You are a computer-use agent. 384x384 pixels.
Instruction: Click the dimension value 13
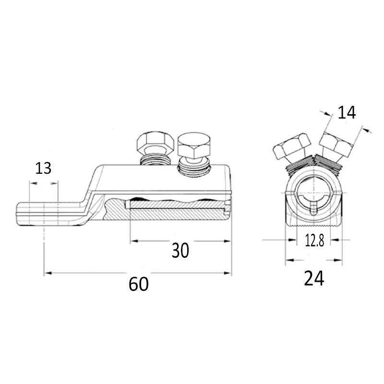[x=43, y=168]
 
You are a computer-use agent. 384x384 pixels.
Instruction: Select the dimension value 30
[x=180, y=250]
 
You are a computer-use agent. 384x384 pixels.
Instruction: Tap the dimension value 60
[x=139, y=284]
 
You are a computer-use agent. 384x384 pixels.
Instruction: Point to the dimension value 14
[x=347, y=113]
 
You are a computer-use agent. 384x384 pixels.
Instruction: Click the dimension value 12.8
[x=314, y=240]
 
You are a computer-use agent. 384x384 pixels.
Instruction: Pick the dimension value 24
[x=314, y=278]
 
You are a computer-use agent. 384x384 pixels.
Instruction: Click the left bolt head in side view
[x=154, y=144]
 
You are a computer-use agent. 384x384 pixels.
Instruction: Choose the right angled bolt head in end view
[x=336, y=144]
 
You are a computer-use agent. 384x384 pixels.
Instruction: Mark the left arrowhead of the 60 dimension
[x=48, y=273]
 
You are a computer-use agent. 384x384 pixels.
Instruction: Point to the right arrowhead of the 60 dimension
[x=228, y=273]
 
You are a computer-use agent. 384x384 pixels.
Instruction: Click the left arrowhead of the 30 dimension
[x=134, y=241]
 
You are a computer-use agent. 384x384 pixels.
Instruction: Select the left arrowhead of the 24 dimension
[x=289, y=260]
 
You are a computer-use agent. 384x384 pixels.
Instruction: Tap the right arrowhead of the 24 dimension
[x=338, y=260]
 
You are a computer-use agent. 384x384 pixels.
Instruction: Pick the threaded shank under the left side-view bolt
[x=155, y=160]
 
